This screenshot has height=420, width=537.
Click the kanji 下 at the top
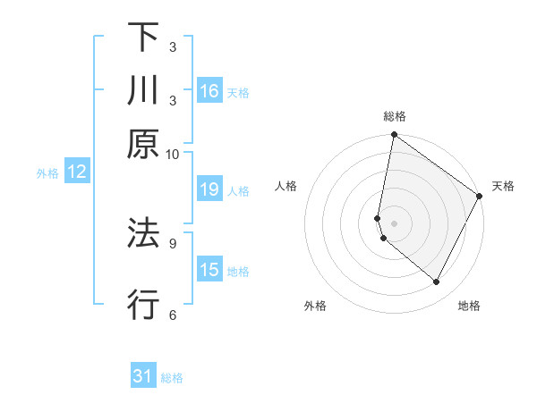(143, 38)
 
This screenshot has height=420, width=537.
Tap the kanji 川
(143, 90)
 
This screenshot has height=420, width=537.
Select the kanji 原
(143, 143)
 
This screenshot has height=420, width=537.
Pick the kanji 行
(143, 304)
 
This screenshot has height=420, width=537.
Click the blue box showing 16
(209, 91)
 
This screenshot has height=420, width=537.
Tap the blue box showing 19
(209, 189)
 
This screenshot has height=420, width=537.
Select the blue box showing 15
(209, 270)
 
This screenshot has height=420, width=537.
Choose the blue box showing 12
(77, 172)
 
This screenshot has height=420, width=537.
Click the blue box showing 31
(143, 376)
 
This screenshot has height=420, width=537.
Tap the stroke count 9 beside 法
(172, 241)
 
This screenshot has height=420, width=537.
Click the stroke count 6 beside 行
(172, 314)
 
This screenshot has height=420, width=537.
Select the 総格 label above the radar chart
(395, 116)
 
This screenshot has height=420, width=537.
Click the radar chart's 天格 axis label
(503, 186)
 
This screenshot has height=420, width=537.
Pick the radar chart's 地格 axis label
(469, 306)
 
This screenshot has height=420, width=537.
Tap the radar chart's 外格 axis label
(315, 306)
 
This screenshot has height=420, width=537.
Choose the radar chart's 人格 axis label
(286, 186)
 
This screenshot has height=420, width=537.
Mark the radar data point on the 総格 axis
(394, 136)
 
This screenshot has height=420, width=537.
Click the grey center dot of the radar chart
(394, 223)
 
